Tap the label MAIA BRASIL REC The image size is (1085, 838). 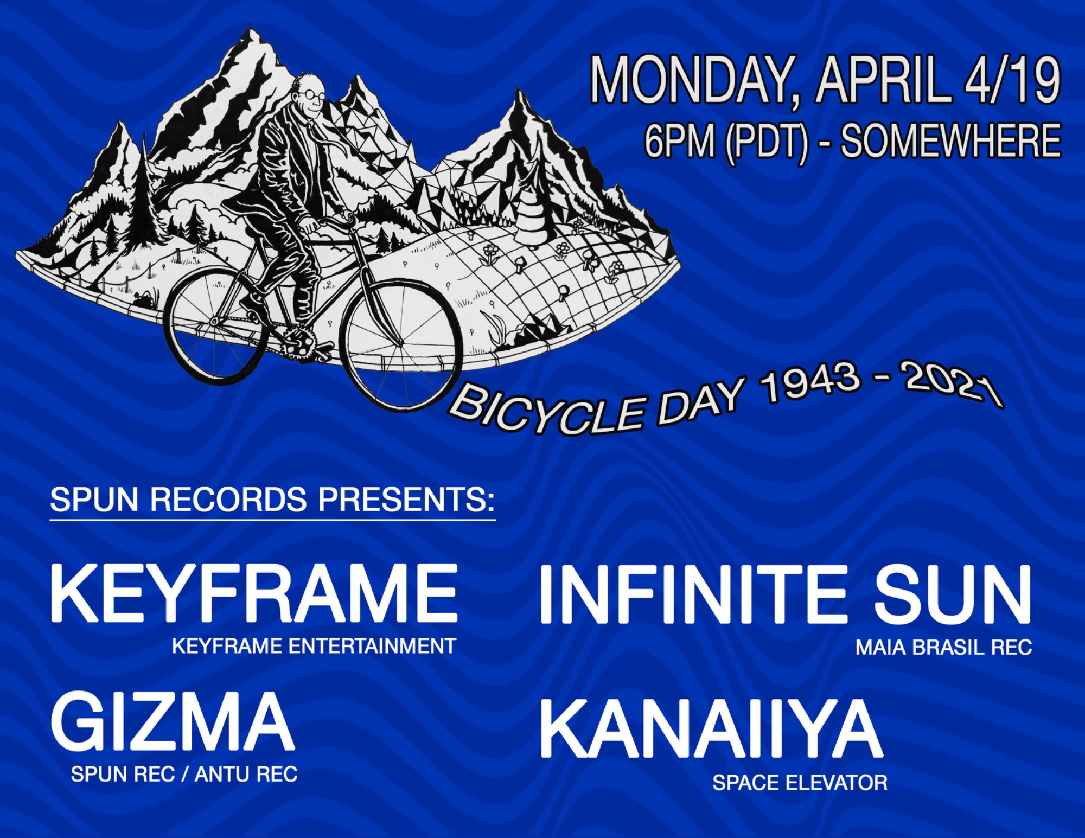943,647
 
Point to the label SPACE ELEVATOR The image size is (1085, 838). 800,783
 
